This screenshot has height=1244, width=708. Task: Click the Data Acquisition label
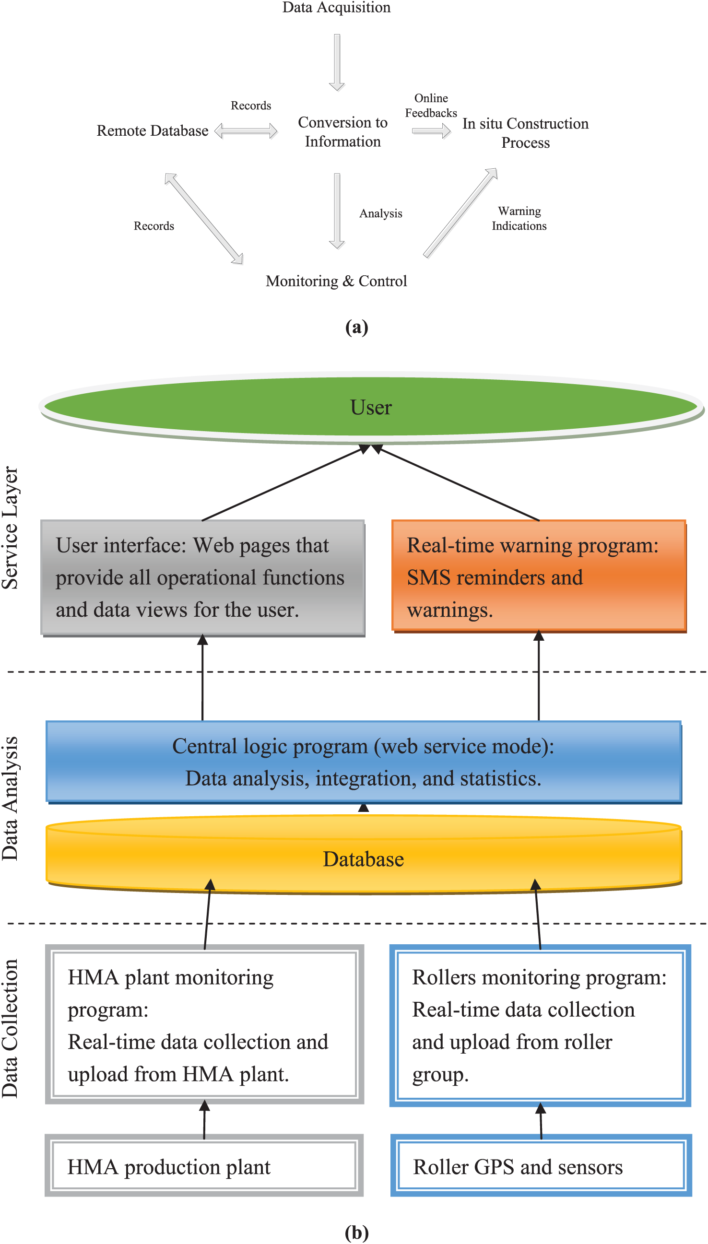click(337, 7)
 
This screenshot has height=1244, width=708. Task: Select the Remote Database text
click(152, 131)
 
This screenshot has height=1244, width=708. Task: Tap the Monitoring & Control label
click(337, 281)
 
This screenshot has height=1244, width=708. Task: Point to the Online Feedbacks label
click(431, 106)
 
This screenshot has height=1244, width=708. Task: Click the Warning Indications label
click(519, 218)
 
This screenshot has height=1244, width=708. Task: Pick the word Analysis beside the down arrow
click(381, 213)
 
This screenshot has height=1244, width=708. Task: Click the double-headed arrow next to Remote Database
click(246, 131)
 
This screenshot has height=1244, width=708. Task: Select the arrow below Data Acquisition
click(337, 62)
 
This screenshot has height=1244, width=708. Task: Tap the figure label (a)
click(356, 327)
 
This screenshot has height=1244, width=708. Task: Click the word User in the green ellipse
click(371, 407)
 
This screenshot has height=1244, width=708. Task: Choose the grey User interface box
click(203, 577)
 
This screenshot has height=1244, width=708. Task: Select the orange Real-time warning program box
click(539, 576)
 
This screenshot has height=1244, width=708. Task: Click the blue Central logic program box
click(364, 762)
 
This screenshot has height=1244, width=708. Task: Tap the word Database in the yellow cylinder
click(364, 859)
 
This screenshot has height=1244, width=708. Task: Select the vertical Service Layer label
click(10, 528)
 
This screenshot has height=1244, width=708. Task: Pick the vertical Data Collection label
click(10, 1028)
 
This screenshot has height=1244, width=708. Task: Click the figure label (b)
click(356, 1232)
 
